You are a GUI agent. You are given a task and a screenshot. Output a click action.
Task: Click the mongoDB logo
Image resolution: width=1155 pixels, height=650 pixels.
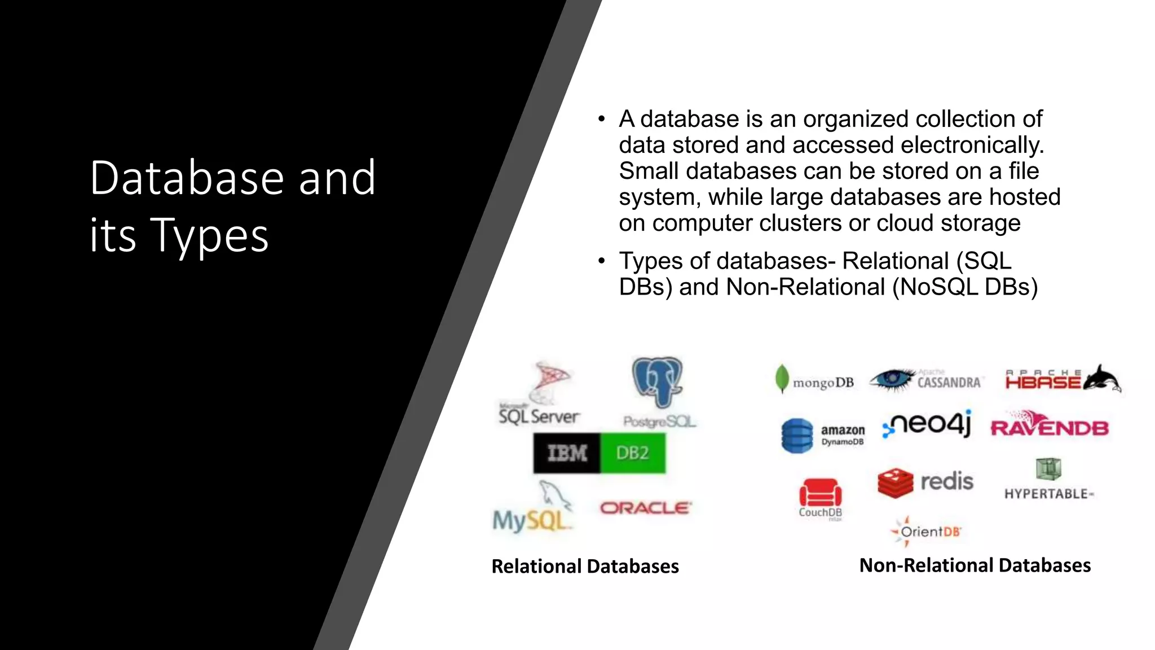point(815,380)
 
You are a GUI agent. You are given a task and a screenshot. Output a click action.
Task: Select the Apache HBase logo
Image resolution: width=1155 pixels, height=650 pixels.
point(1063,379)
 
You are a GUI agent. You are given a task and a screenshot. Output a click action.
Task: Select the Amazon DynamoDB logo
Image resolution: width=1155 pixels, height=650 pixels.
point(822,435)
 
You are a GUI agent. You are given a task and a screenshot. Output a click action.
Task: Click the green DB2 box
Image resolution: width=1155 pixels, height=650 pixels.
point(632,453)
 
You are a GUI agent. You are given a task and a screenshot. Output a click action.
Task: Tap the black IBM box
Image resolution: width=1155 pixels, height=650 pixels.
point(567,453)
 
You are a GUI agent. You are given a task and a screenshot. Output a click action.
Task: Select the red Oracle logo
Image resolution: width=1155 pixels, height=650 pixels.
point(645,508)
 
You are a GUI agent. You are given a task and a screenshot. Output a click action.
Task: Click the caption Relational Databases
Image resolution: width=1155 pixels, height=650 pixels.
point(585,566)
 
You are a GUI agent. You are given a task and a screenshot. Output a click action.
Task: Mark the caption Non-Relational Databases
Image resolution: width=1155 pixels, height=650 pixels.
point(975,565)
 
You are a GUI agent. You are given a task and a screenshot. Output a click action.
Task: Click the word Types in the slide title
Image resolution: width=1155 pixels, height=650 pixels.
point(209,235)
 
